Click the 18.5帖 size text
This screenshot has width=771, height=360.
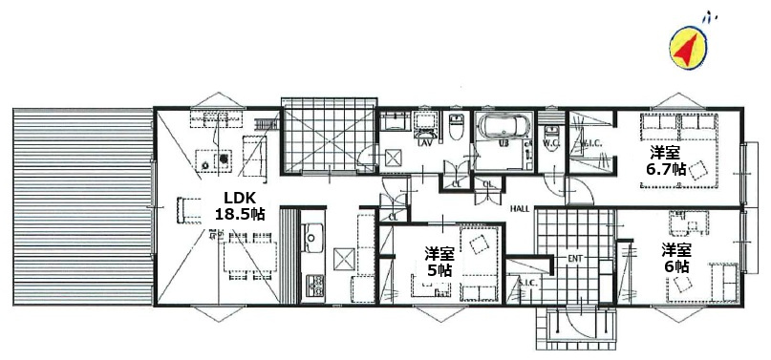[238, 215]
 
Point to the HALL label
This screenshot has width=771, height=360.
[520, 208]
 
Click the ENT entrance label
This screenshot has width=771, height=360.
[575, 258]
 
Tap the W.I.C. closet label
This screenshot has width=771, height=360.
[589, 146]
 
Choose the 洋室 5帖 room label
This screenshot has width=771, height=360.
[439, 261]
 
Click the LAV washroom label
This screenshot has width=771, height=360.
[423, 144]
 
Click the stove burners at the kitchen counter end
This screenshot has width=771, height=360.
[312, 284]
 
